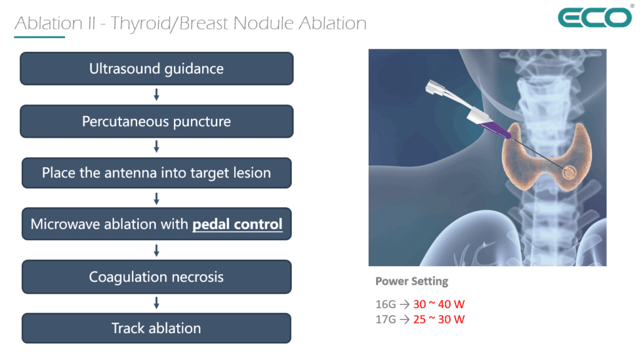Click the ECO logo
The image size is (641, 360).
[595, 18]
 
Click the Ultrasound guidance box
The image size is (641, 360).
[156, 68]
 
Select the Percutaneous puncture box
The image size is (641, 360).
[156, 121]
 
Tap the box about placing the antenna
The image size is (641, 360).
[156, 173]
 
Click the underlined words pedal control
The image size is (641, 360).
[237, 224]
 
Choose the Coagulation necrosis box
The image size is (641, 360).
[156, 277]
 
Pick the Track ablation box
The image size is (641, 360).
[156, 328]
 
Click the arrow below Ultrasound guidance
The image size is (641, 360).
[156, 95]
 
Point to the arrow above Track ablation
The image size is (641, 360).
[156, 303]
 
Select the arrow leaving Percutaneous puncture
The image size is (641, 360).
[156, 147]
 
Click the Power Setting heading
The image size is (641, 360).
[412, 282]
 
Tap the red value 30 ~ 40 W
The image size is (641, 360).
[439, 304]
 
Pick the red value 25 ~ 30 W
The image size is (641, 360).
[439, 319]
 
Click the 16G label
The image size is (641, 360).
[386, 304]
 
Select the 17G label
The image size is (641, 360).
[386, 319]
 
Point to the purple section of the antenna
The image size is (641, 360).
[495, 130]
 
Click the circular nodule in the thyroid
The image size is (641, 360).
[568, 173]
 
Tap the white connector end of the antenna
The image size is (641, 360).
[434, 88]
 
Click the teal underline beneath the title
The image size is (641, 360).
[39, 37]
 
